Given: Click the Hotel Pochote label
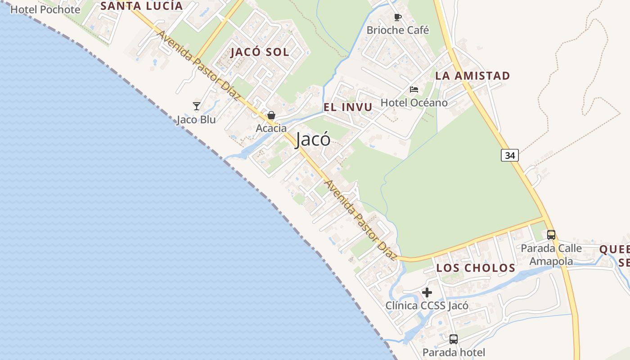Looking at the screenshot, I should tap(45, 9).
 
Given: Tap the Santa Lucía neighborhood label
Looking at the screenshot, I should tap(142, 6).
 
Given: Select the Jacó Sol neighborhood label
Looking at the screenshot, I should tap(260, 52).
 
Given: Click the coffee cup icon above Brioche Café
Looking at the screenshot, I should tap(397, 18).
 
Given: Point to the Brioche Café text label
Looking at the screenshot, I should tap(398, 30).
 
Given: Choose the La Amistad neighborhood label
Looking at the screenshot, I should tap(472, 76).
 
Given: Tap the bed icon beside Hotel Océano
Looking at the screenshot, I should tap(414, 90).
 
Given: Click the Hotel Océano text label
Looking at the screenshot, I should tap(414, 103).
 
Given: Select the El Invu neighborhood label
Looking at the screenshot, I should tap(348, 107).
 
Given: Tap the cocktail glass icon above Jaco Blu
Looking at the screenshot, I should tap(196, 106).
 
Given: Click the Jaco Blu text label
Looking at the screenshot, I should tap(196, 120).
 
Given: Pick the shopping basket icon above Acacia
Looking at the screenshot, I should tap(271, 116).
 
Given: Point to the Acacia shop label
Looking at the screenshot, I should tap(271, 128).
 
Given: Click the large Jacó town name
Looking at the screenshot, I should tap(313, 139).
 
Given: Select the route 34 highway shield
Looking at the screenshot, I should tap(509, 155).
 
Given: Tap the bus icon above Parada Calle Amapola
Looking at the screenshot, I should tap(551, 235).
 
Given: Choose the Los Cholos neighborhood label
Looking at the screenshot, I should tap(476, 268).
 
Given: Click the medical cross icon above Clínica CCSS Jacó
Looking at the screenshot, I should tap(427, 293).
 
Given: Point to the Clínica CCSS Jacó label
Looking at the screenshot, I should tap(427, 306).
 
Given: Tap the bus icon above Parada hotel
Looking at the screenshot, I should tap(454, 339).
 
